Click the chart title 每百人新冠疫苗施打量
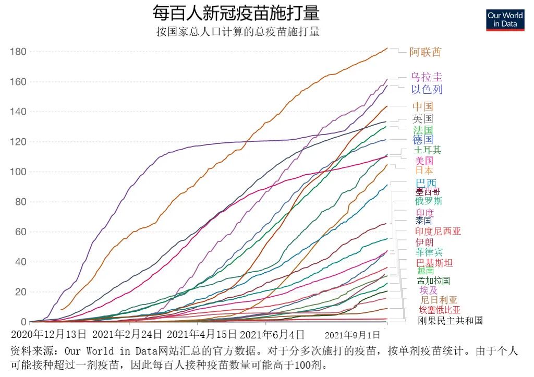(x=236, y=13)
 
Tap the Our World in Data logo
(x=505, y=20)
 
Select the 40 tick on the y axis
(x=20, y=262)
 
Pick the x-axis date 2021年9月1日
(x=353, y=334)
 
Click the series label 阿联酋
(x=425, y=52)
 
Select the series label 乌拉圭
(x=427, y=77)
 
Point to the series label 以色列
(x=427, y=89)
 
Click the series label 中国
(x=422, y=106)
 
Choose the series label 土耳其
(x=427, y=150)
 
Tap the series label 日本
(x=424, y=171)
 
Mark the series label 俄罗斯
(x=429, y=201)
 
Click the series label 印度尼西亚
(x=438, y=232)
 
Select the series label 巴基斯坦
(x=434, y=263)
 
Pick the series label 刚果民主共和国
(x=450, y=320)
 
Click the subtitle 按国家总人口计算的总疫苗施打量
(x=238, y=32)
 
